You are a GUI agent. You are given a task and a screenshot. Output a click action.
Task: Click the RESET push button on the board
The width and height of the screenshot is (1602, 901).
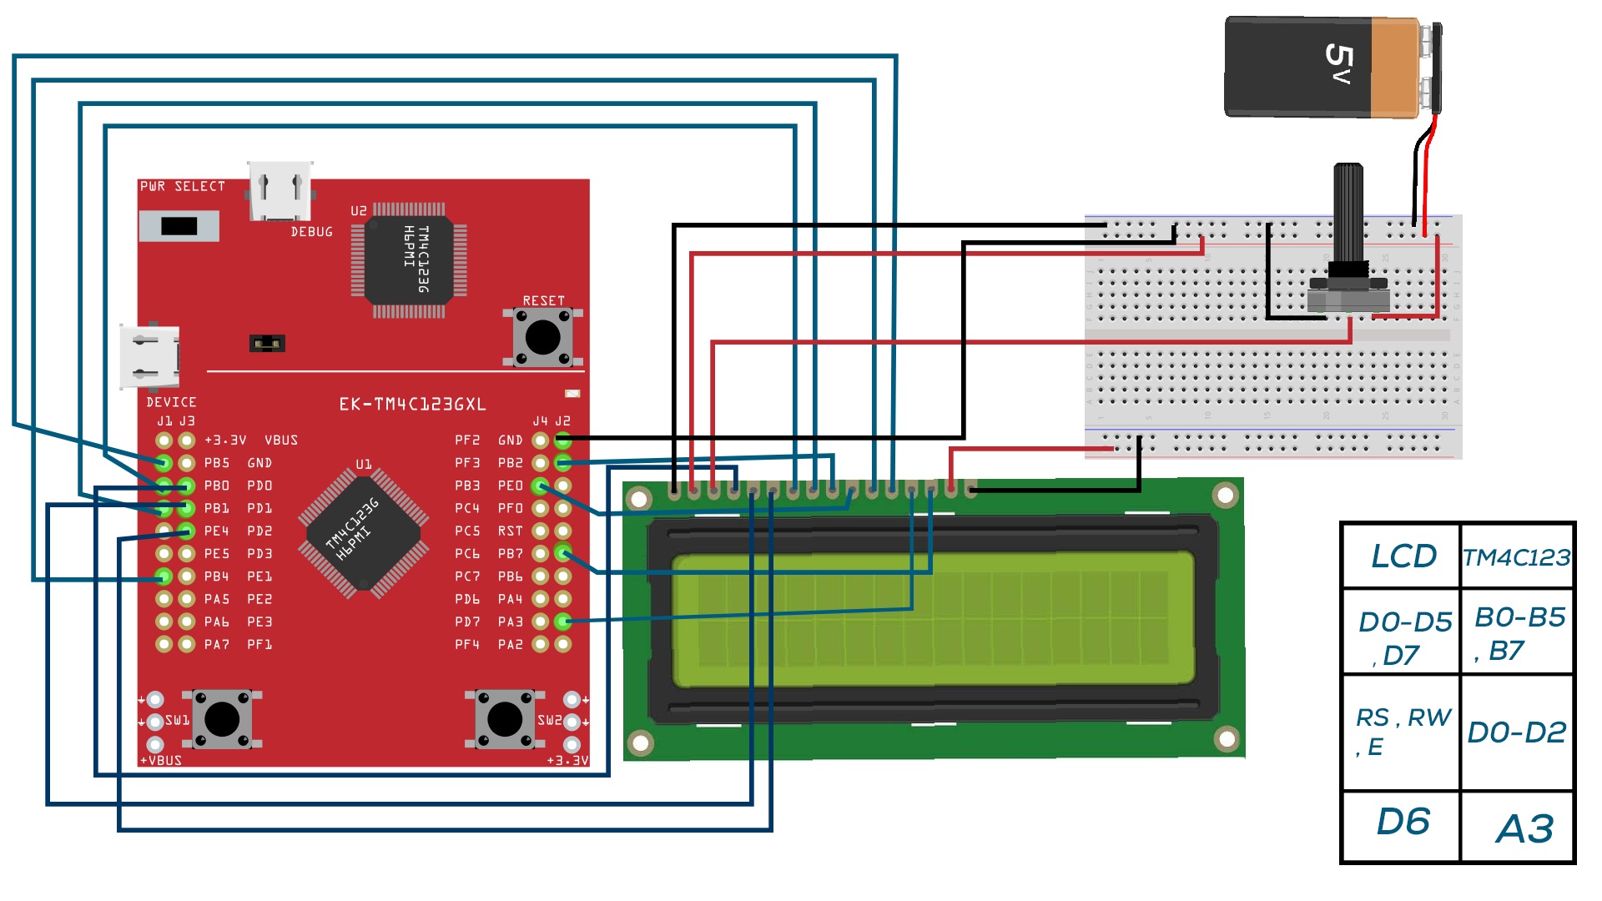[x=542, y=337]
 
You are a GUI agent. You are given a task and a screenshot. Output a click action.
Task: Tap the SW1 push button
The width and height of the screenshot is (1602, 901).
[x=222, y=719]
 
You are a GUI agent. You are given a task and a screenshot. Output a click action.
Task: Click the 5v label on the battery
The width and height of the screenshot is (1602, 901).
[x=1338, y=65]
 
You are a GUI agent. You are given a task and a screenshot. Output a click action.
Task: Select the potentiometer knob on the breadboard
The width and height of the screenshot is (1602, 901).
[x=1348, y=217]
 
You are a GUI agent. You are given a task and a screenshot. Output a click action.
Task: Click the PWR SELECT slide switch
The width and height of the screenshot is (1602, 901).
[x=179, y=226]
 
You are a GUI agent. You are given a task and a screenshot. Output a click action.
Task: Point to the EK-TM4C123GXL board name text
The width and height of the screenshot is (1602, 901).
[x=412, y=405]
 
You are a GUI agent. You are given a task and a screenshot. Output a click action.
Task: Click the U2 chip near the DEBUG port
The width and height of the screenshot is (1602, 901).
[x=409, y=259]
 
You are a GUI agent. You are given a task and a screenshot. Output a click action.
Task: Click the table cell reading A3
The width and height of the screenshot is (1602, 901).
[x=1523, y=828]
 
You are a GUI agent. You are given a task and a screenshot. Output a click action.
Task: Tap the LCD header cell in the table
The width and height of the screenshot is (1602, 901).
[x=1403, y=556]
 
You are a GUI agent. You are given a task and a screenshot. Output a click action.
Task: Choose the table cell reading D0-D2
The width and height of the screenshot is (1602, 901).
[x=1516, y=732]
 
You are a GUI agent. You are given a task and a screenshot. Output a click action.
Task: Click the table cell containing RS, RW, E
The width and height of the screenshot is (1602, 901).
[x=1402, y=732]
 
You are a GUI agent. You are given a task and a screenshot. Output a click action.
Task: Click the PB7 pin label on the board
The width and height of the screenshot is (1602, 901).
[x=510, y=554]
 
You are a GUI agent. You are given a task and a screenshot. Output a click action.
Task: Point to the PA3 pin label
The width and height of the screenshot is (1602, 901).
[x=510, y=622]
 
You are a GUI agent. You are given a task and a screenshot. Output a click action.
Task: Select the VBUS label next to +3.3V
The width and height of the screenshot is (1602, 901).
[x=280, y=440]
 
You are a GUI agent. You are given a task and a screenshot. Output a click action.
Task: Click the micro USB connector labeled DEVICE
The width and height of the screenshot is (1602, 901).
[x=150, y=357]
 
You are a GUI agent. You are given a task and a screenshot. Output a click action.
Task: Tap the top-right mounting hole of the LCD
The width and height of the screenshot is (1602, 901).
[x=1225, y=496]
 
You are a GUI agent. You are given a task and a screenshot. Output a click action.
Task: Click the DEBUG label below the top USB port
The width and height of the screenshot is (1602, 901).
[x=311, y=232]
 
